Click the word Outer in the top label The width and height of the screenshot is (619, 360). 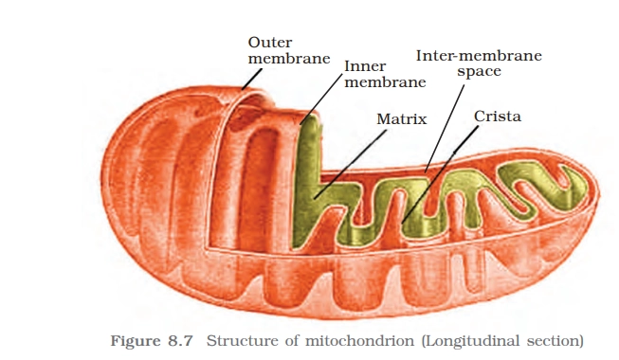(x=269, y=42)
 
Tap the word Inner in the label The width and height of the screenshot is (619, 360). (x=364, y=66)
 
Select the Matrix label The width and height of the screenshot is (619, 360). (x=401, y=120)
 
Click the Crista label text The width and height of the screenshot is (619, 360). (x=498, y=117)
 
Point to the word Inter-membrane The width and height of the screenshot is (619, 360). (x=479, y=55)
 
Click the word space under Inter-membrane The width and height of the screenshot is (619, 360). (x=479, y=71)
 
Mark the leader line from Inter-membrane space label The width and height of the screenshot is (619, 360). (x=446, y=123)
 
